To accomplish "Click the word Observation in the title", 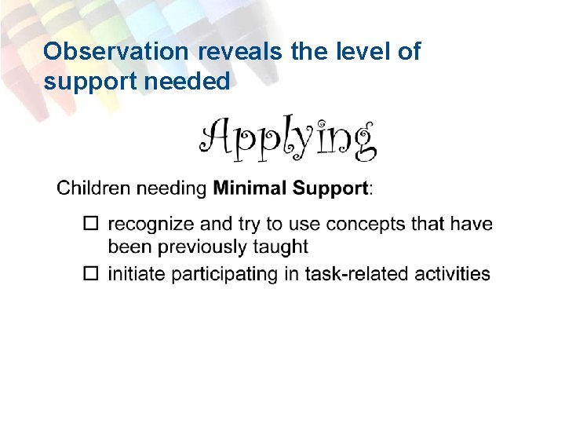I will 115,52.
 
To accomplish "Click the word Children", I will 93,188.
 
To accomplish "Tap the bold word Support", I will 330,189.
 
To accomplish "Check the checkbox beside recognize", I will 92,225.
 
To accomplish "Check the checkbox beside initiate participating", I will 92,274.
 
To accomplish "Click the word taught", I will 281,247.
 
